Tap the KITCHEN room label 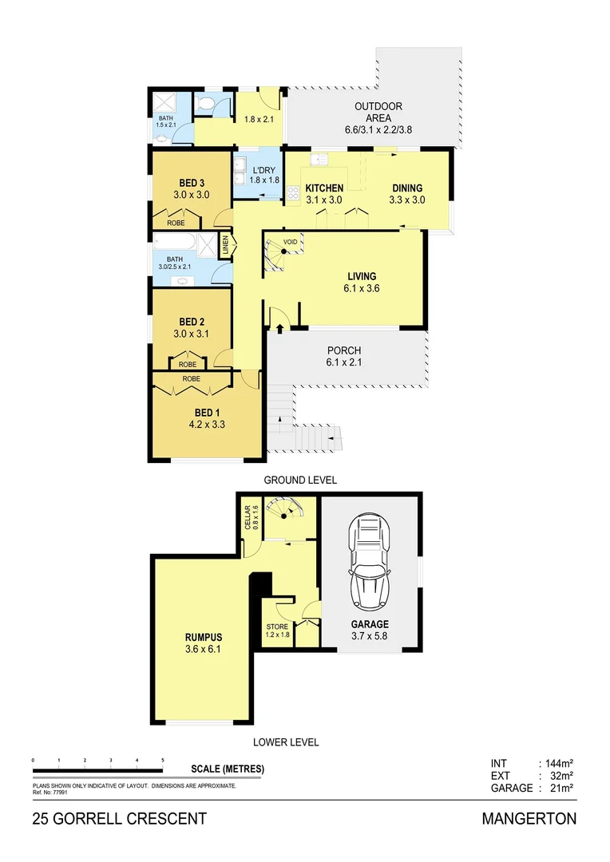[x=324, y=188]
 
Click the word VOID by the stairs [x=291, y=240]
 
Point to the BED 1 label [x=207, y=412]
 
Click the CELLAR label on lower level [x=248, y=520]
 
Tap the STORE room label [x=277, y=627]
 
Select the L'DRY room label [x=263, y=171]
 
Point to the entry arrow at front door [x=279, y=326]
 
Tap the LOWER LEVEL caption [x=286, y=742]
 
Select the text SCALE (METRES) [x=228, y=769]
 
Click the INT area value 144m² [x=557, y=764]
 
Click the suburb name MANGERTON [x=529, y=819]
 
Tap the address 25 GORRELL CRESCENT [x=120, y=819]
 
